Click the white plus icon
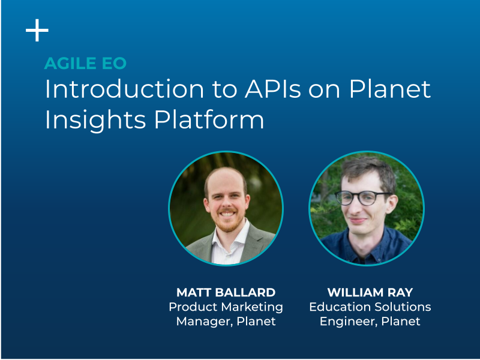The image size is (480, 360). tap(37, 31)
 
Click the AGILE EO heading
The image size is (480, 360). tap(85, 64)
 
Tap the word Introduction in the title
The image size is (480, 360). tap(121, 89)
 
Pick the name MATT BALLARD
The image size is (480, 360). tap(226, 292)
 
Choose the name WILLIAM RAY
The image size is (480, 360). tap(370, 292)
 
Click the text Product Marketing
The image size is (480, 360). tap(226, 307)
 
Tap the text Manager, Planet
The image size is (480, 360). tap(226, 321)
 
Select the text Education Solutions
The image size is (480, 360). tap(370, 307)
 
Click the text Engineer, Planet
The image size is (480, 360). tap(370, 321)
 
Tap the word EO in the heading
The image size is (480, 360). tap(116, 64)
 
